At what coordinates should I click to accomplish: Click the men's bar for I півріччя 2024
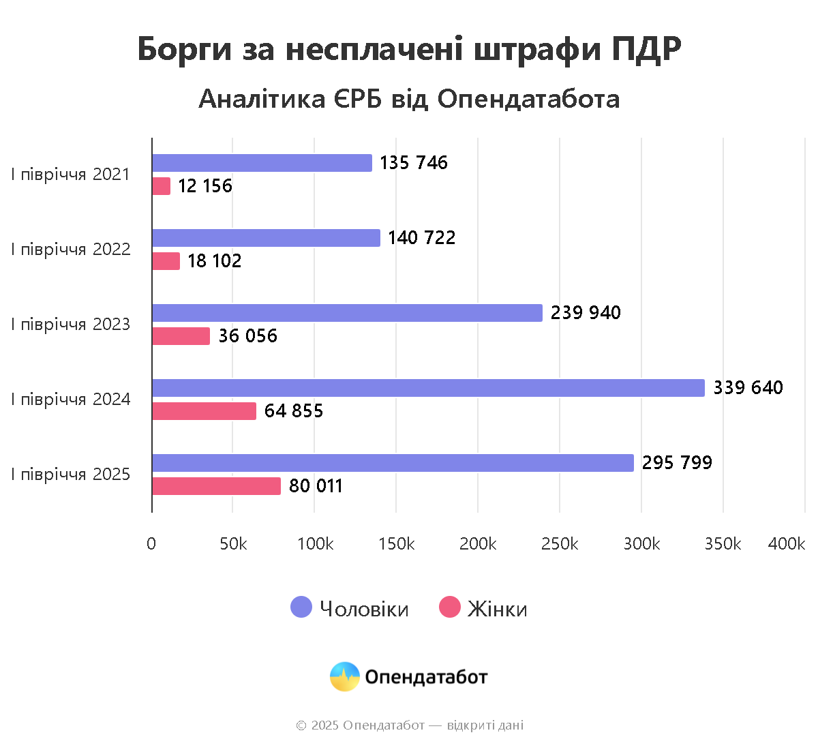click(428, 388)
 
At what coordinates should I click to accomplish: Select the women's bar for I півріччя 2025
click(216, 486)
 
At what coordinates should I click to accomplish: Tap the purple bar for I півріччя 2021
click(262, 163)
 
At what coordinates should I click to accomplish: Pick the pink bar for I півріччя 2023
click(181, 336)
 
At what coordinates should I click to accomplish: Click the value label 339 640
click(748, 388)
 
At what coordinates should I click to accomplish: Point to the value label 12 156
click(204, 186)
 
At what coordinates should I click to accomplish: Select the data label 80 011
click(316, 486)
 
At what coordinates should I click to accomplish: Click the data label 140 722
click(421, 238)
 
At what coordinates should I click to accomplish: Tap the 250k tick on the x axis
click(560, 543)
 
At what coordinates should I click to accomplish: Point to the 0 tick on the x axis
click(151, 543)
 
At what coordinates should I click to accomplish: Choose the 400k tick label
click(786, 543)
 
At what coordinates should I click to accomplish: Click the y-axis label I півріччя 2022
click(70, 250)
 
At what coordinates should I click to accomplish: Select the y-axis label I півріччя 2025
click(70, 475)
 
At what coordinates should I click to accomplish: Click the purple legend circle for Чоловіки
click(301, 607)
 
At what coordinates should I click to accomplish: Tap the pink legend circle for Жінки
click(450, 607)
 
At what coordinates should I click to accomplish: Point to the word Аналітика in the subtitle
click(262, 100)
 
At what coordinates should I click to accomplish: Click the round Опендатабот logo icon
click(345, 676)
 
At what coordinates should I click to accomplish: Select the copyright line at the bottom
click(409, 725)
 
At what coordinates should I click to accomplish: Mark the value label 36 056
click(247, 336)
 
